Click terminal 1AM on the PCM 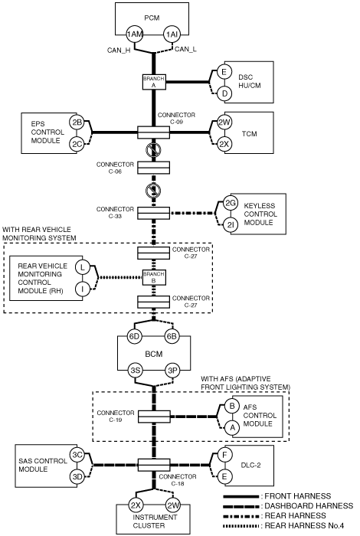(134, 34)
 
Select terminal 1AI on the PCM (172, 34)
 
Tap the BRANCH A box (154, 82)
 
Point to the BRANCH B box (154, 277)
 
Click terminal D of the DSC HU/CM (224, 93)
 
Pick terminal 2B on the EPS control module (77, 122)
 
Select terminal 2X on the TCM (224, 144)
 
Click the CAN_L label (185, 49)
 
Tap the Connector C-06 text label (115, 168)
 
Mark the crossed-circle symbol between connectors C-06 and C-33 (153, 191)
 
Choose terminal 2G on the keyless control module (231, 204)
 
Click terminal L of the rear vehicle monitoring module (82, 267)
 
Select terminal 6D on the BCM (134, 336)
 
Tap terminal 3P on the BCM (172, 370)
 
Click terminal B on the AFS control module (232, 406)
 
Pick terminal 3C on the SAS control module (77, 455)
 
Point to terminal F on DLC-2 (224, 455)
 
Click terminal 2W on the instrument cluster (173, 505)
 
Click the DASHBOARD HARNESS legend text (309, 506)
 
